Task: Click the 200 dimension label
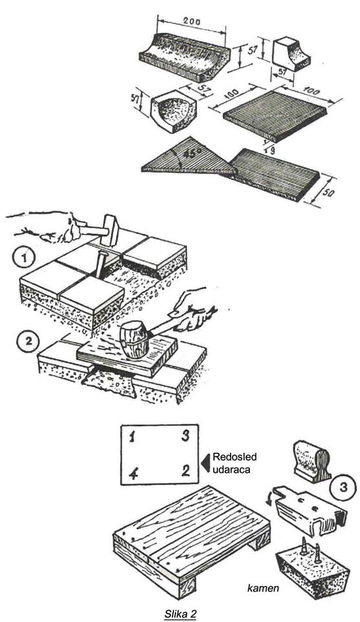pyautogui.click(x=192, y=21)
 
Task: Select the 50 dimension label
pyautogui.click(x=328, y=193)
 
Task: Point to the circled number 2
pyautogui.click(x=27, y=342)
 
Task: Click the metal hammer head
pyautogui.click(x=110, y=230)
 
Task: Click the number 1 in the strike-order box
pyautogui.click(x=133, y=437)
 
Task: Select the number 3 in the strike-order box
pyautogui.click(x=185, y=436)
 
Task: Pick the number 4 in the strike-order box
pyautogui.click(x=133, y=474)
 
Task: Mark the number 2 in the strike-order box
pyautogui.click(x=186, y=470)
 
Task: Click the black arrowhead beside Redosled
pyautogui.click(x=205, y=463)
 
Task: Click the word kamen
pyautogui.click(x=263, y=588)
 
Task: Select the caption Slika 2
pyautogui.click(x=181, y=614)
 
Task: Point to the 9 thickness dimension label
pyautogui.click(x=273, y=149)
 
